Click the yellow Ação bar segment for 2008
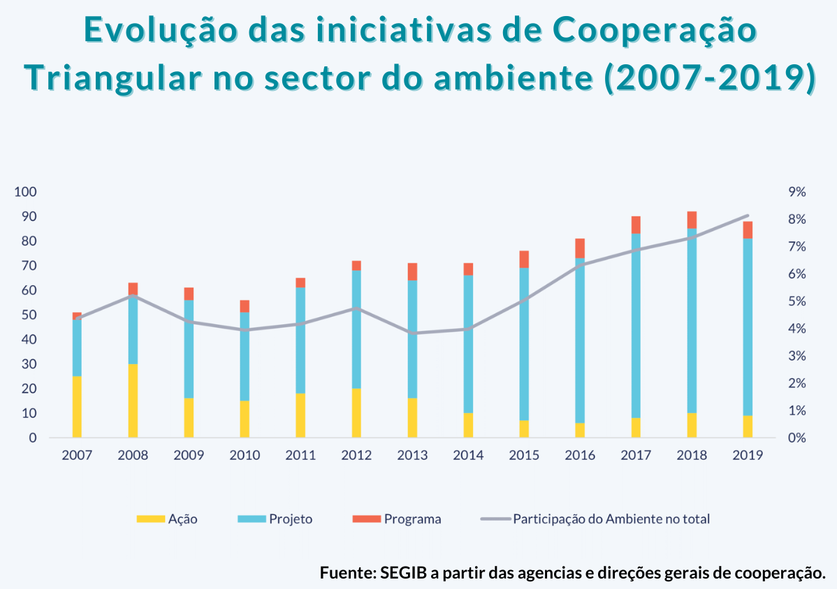(x=133, y=400)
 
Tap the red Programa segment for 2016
(x=580, y=248)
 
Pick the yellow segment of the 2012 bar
(x=356, y=413)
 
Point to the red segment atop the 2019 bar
(x=748, y=230)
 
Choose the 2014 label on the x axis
(x=468, y=456)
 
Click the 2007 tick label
(x=77, y=456)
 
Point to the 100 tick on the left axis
(x=26, y=192)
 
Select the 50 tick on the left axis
(x=29, y=315)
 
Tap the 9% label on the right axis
(x=797, y=192)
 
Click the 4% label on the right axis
(x=797, y=329)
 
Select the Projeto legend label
(x=291, y=519)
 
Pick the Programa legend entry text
(x=412, y=519)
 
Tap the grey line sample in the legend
(x=495, y=519)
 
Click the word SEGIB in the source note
(x=403, y=572)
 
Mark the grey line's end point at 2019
(x=748, y=216)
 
